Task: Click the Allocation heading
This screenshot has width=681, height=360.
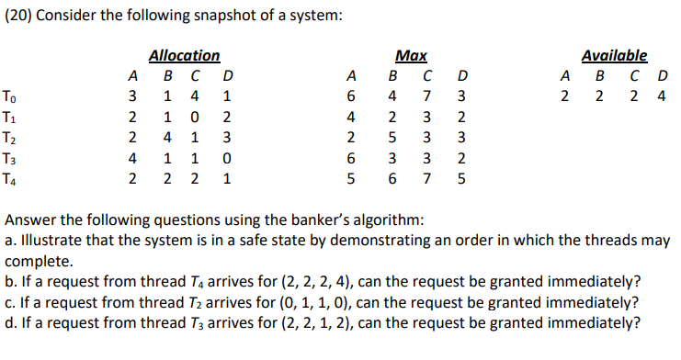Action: tap(184, 56)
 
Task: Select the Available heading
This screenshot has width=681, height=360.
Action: tap(615, 56)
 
